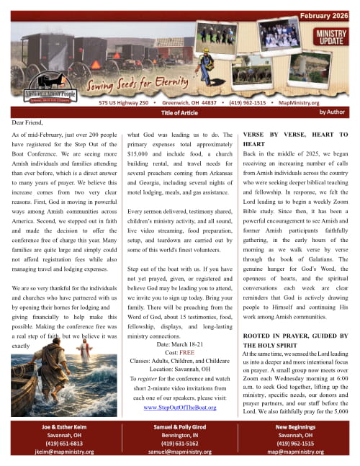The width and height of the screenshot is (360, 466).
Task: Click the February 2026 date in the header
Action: tap(324, 15)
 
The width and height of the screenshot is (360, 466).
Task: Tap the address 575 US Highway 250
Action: tap(124, 103)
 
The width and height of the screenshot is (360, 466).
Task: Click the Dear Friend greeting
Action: tap(30, 123)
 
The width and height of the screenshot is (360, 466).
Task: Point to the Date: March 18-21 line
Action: tap(179, 345)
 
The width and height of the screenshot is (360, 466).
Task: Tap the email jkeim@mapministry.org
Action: tap(60, 452)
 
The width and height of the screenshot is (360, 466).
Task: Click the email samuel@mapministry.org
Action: tap(180, 452)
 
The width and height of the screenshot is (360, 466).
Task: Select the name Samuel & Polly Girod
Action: tap(180, 427)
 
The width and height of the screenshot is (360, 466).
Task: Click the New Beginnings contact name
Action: tap(300, 427)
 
